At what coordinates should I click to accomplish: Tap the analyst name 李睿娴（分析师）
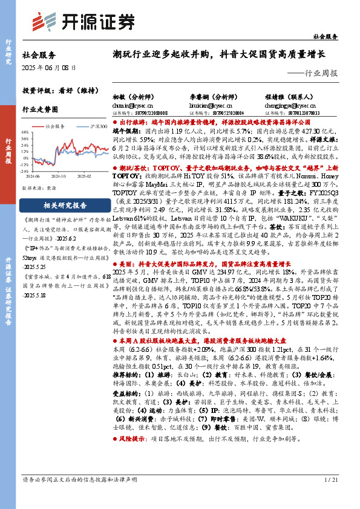[x=210, y=97]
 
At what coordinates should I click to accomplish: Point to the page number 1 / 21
[x=331, y=496]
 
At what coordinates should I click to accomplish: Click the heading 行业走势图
[x=40, y=110]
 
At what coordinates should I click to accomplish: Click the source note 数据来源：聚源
[x=39, y=189]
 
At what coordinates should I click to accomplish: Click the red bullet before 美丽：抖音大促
[x=115, y=281]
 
